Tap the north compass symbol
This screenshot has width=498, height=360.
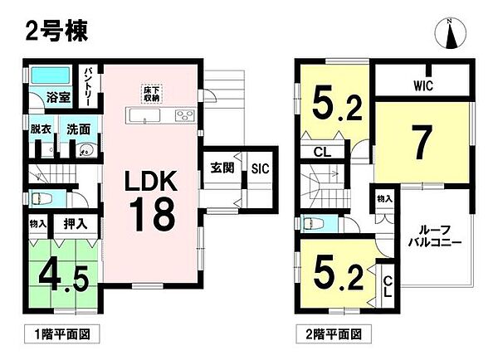[x=452, y=35]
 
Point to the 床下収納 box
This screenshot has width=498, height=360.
[x=150, y=94]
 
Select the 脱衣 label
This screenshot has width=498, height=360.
[x=41, y=129]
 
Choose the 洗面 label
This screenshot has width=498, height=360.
[x=78, y=129]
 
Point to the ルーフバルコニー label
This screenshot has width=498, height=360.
[x=431, y=239]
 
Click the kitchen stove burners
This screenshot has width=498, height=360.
[x=183, y=115]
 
